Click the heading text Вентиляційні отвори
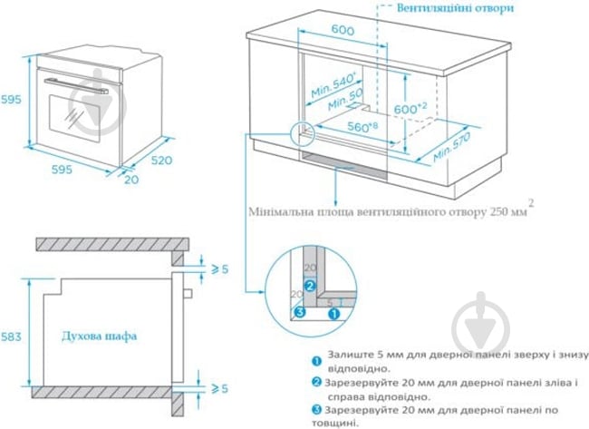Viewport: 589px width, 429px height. point(456,7)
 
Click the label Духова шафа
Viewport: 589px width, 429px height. point(100,336)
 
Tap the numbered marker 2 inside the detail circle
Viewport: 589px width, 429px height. point(310,284)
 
